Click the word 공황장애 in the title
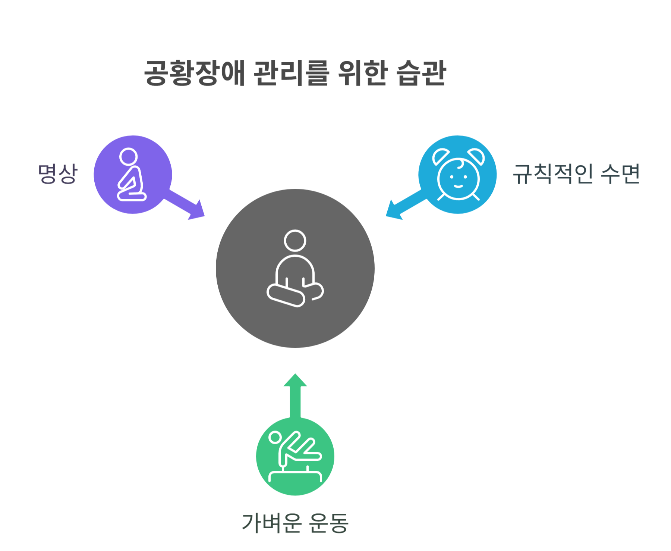[x=194, y=73]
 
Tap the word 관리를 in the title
[x=291, y=73]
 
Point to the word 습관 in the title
[x=422, y=73]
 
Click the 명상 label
[x=58, y=173]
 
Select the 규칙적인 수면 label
[x=576, y=174]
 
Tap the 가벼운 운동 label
[x=295, y=523]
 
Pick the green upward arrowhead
[x=295, y=381]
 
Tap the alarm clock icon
[x=458, y=175]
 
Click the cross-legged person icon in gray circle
[x=295, y=269]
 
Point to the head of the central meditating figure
[x=295, y=241]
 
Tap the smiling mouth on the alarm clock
[x=458, y=186]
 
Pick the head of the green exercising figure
[x=275, y=438]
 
